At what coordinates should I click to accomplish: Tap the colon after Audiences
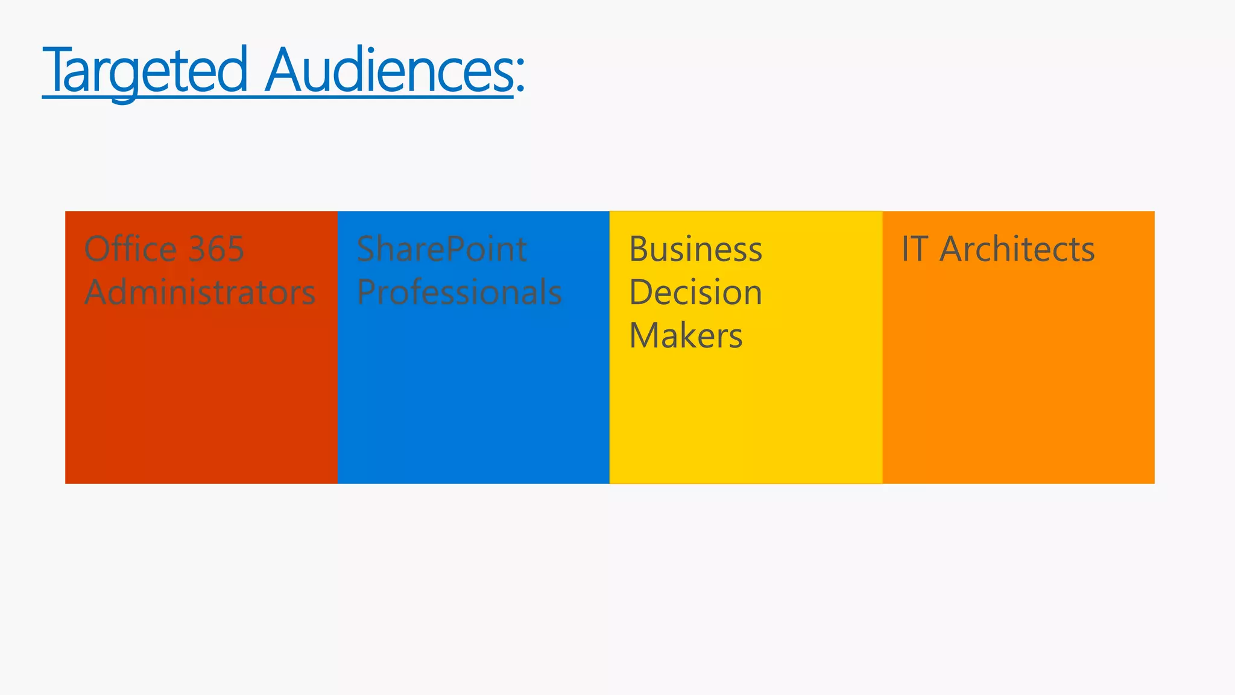point(520,77)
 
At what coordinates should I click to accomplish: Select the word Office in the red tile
point(130,249)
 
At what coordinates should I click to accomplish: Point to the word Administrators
point(200,292)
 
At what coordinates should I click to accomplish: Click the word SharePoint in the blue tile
point(442,249)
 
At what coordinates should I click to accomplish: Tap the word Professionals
point(459,292)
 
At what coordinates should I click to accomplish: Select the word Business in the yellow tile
point(695,249)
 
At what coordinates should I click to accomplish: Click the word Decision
point(695,292)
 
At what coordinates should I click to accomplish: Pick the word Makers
point(686,335)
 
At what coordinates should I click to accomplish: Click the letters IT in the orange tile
point(914,249)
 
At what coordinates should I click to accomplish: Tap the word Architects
point(1017,249)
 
